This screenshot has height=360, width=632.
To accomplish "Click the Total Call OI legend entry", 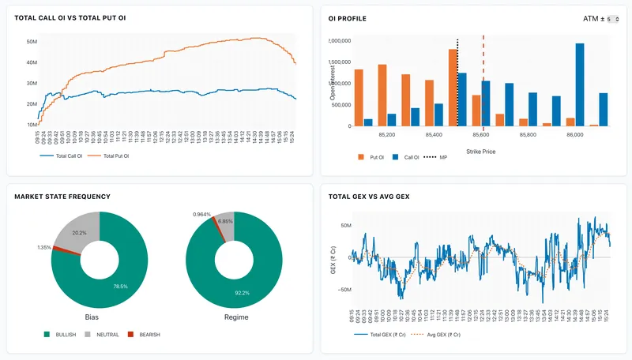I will pos(73,156).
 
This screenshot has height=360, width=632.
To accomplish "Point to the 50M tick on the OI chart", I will pos(32,41).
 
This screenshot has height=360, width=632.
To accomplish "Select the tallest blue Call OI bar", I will pos(580,84).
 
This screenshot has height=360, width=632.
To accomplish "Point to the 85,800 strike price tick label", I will pos(528,135).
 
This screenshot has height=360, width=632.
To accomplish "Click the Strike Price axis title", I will pos(480,151).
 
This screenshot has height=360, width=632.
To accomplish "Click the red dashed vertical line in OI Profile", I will pos(483,79).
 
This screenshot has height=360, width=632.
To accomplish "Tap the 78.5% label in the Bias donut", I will pos(120,286).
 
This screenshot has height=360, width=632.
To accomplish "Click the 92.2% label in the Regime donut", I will pos(241,293).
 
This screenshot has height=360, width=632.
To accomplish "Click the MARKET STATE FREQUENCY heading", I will pos(62,196).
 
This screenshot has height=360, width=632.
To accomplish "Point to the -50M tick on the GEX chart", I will pos(345,290).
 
